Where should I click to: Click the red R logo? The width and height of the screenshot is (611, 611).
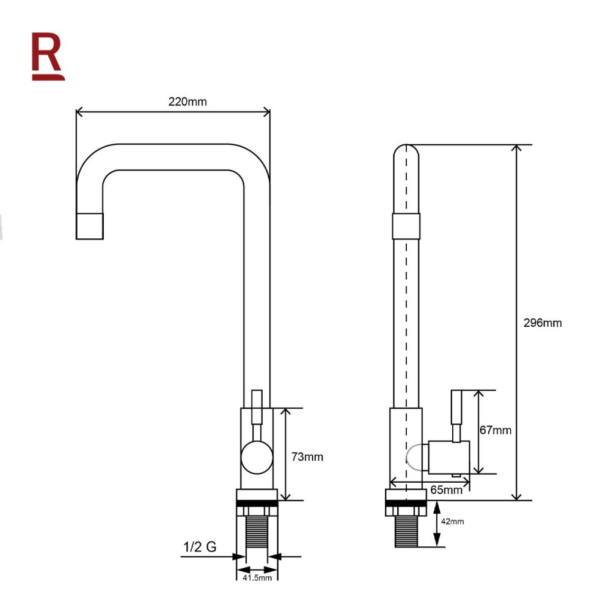pyautogui.click(x=48, y=56)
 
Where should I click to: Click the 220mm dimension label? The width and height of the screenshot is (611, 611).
pyautogui.click(x=188, y=101)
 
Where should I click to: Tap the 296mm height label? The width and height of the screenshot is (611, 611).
pyautogui.click(x=543, y=323)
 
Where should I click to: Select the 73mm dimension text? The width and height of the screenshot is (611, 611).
pyautogui.click(x=307, y=456)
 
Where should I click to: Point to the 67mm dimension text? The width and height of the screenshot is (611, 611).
pyautogui.click(x=496, y=430)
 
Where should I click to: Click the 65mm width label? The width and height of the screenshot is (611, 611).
pyautogui.click(x=446, y=490)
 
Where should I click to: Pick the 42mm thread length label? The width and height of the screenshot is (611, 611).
pyautogui.click(x=452, y=521)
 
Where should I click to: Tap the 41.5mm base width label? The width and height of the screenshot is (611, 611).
pyautogui.click(x=257, y=577)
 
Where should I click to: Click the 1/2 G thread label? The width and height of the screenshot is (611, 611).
pyautogui.click(x=200, y=547)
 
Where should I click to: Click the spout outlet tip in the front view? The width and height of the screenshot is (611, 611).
pyautogui.click(x=90, y=226)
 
